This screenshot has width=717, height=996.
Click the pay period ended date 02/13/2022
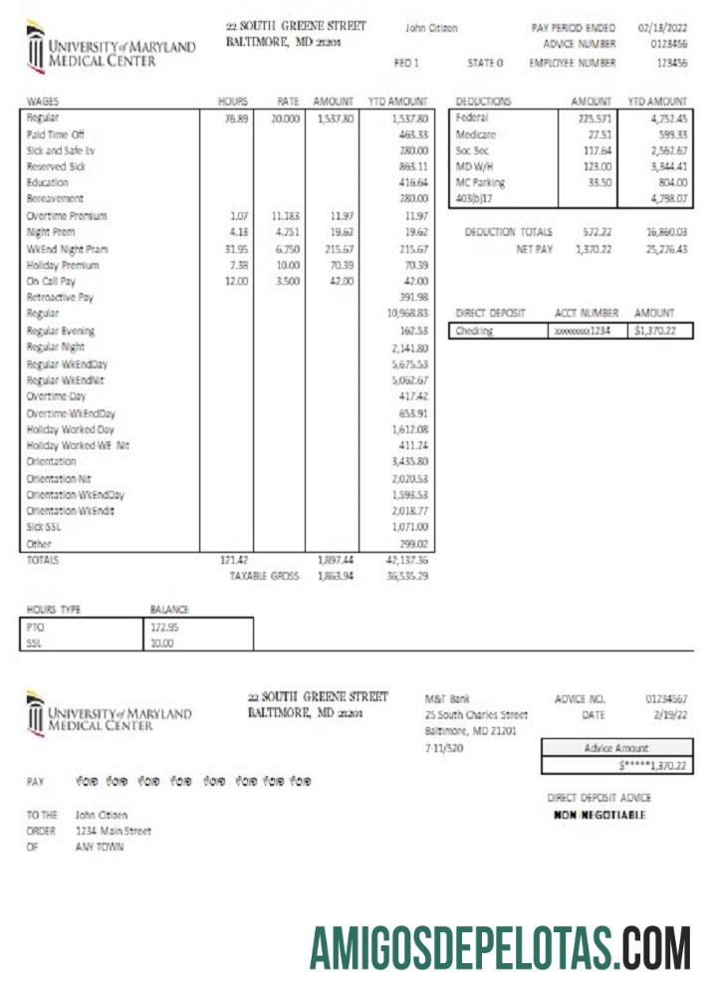[662, 28]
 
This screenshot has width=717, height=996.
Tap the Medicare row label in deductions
[475, 133]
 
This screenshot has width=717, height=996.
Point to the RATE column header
[287, 102]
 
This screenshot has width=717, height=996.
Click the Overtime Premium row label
[67, 216]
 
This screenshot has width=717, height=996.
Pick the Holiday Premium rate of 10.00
[287, 265]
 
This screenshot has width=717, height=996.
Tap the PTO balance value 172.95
[162, 627]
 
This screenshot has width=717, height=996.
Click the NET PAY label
[534, 249]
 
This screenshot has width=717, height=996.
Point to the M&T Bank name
[447, 699]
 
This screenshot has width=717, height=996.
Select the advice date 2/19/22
[668, 715]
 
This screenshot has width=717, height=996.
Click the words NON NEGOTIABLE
[599, 815]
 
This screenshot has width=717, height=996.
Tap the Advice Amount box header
[616, 748]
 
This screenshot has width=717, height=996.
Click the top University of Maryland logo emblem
[36, 48]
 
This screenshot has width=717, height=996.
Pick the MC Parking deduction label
[480, 183]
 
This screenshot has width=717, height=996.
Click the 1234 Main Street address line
[114, 831]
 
